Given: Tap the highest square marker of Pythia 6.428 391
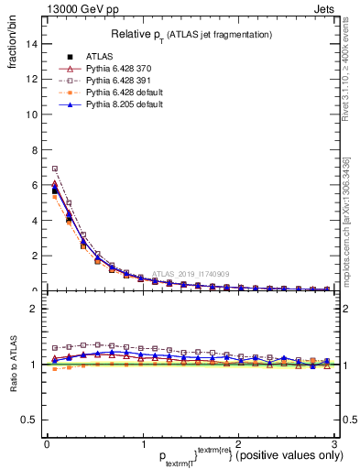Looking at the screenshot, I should coord(55,169).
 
